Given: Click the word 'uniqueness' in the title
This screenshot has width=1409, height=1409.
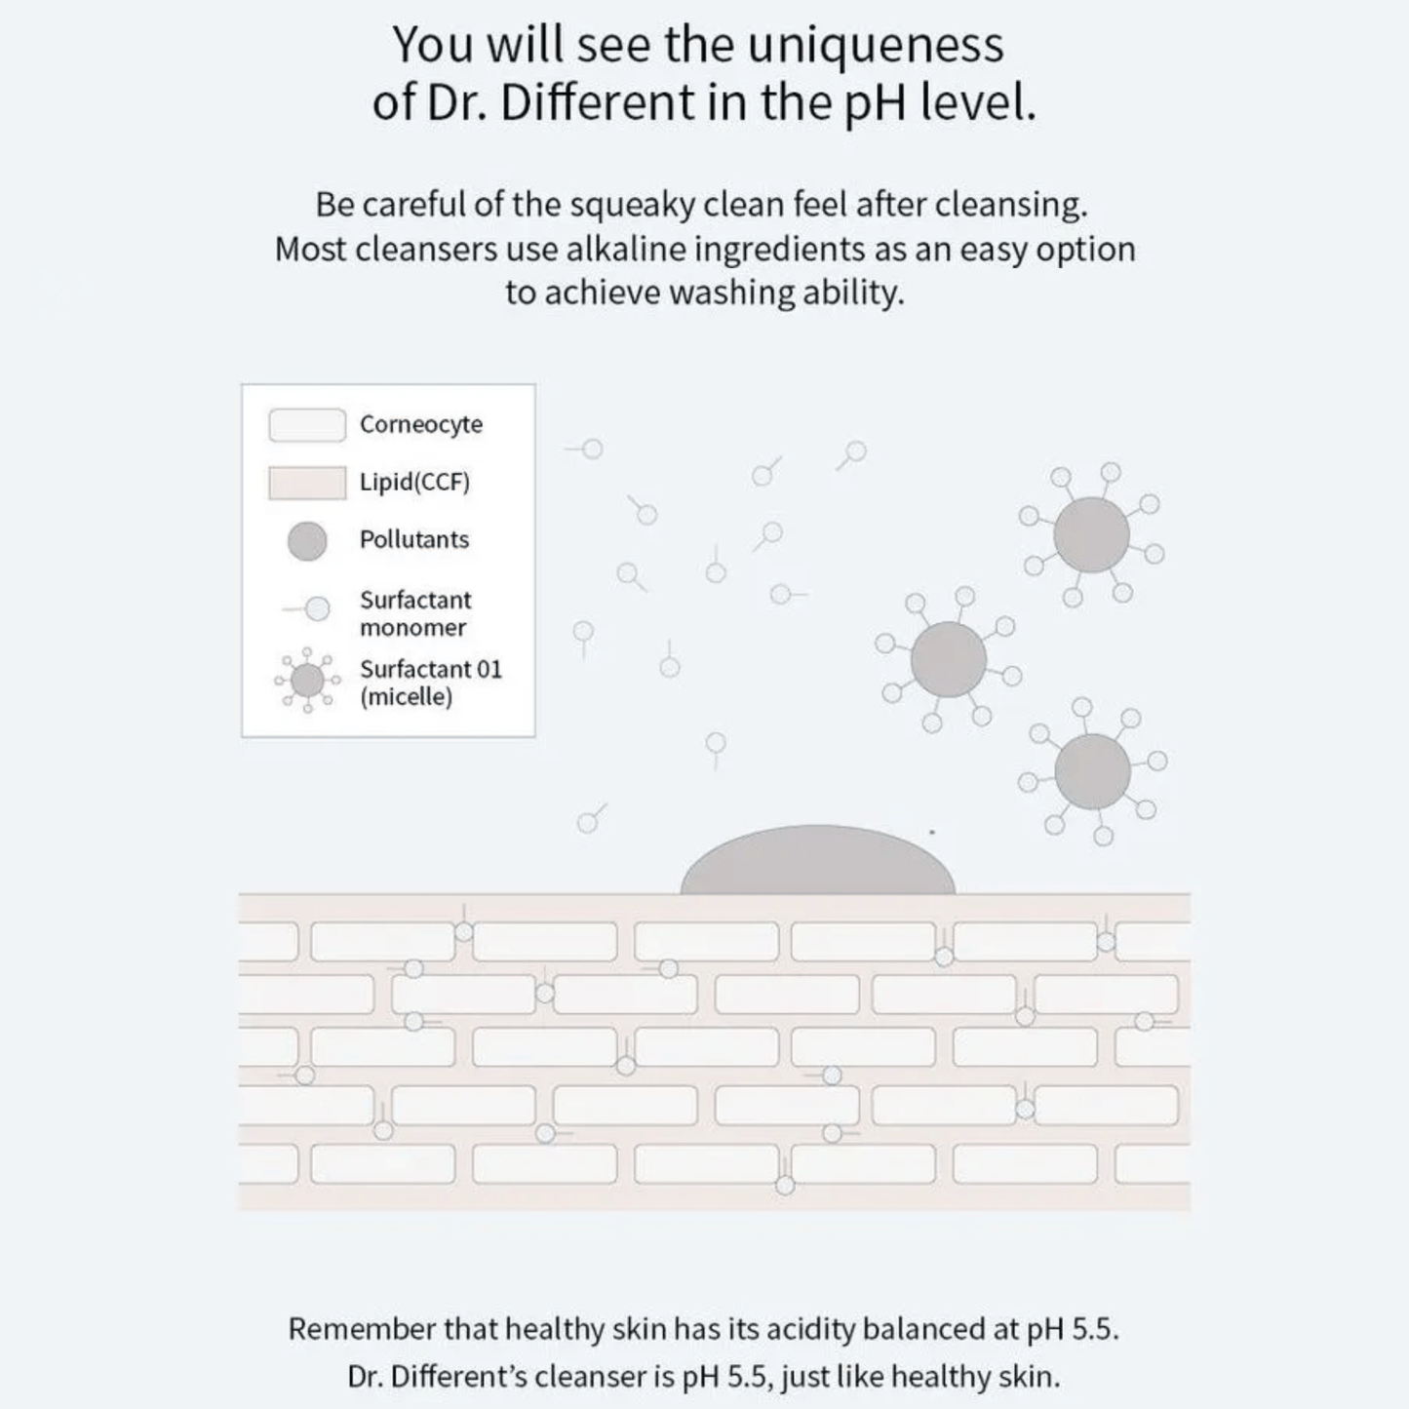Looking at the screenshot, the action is (x=876, y=46).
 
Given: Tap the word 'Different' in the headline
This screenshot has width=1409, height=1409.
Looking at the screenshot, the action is (x=597, y=102).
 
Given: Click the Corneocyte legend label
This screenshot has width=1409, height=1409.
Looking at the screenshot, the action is (x=421, y=425).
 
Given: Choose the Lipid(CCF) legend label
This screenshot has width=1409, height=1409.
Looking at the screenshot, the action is (x=414, y=483).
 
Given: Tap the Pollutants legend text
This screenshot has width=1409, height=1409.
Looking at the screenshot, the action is (x=414, y=539).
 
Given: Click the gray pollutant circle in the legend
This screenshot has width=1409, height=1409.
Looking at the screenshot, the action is (x=307, y=541).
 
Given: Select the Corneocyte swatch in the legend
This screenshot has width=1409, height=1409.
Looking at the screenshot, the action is (x=307, y=425).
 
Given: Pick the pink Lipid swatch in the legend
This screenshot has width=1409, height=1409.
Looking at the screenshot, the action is (x=307, y=483).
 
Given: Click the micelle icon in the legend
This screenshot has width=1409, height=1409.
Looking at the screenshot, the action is (x=307, y=680).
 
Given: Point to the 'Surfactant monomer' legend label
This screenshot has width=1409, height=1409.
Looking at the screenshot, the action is (x=415, y=613).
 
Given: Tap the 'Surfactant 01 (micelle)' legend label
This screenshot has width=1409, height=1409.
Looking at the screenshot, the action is (x=431, y=683).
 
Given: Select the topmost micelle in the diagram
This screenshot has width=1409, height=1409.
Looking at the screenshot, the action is (x=1091, y=535).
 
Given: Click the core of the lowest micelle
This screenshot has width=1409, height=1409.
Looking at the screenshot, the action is (x=1092, y=772).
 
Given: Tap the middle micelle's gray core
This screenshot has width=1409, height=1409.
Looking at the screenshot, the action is (x=949, y=659).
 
